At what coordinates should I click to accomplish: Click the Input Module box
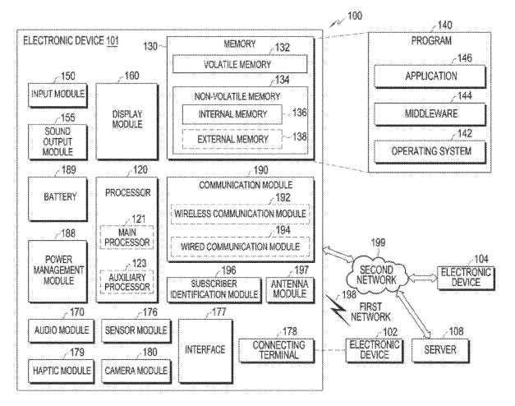click(57, 95)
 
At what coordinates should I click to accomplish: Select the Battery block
click(57, 199)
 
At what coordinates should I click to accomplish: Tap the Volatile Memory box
click(240, 64)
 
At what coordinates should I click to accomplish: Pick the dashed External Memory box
click(232, 139)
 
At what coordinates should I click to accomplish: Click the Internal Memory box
click(232, 114)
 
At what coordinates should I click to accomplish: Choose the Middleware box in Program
click(430, 114)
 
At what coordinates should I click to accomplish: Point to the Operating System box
click(430, 151)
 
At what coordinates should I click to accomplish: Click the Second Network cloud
click(377, 275)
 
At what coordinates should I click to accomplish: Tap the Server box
click(440, 350)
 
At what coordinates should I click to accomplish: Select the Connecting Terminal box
click(277, 350)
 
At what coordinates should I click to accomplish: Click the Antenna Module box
click(290, 290)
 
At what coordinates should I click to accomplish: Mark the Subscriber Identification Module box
click(214, 290)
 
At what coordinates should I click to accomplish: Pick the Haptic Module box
click(61, 371)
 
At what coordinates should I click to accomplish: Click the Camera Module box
click(136, 371)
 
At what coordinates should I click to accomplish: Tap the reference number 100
click(355, 16)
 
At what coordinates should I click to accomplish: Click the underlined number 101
click(113, 41)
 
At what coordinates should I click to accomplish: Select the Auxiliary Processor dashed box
click(126, 281)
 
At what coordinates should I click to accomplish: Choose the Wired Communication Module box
click(240, 247)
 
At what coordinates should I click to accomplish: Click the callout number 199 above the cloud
click(378, 242)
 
